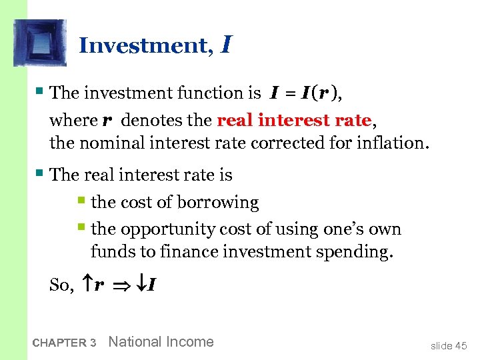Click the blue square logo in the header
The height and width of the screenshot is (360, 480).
pyautogui.click(x=40, y=43)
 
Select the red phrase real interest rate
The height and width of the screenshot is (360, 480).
pyautogui.click(x=294, y=120)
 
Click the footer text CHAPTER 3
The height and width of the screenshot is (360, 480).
pyautogui.click(x=64, y=343)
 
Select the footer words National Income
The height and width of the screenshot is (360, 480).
pyautogui.click(x=161, y=342)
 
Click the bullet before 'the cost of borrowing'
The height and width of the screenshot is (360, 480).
pyautogui.click(x=81, y=201)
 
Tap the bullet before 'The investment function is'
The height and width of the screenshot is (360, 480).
pyautogui.click(x=41, y=91)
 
